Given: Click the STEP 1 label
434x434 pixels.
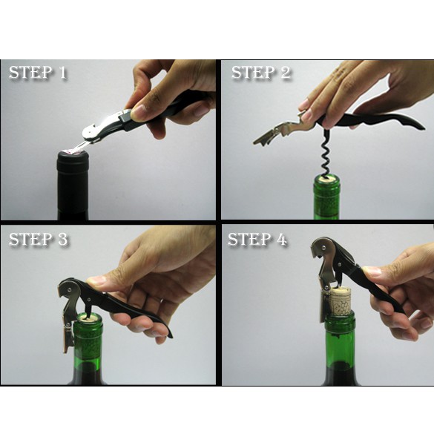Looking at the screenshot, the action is tap(38, 73).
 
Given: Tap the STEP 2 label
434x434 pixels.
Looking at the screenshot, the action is tap(261, 73).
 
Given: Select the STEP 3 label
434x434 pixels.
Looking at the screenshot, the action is tap(38, 239).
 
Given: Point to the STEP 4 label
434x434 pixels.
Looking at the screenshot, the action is tap(257, 239).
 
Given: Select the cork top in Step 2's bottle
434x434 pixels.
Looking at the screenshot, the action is tap(326, 180).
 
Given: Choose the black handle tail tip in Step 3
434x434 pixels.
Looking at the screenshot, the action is tap(171, 335).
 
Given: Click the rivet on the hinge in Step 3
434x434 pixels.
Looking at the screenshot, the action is tap(70, 289).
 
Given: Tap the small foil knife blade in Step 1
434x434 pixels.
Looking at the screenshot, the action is tap(79, 146).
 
